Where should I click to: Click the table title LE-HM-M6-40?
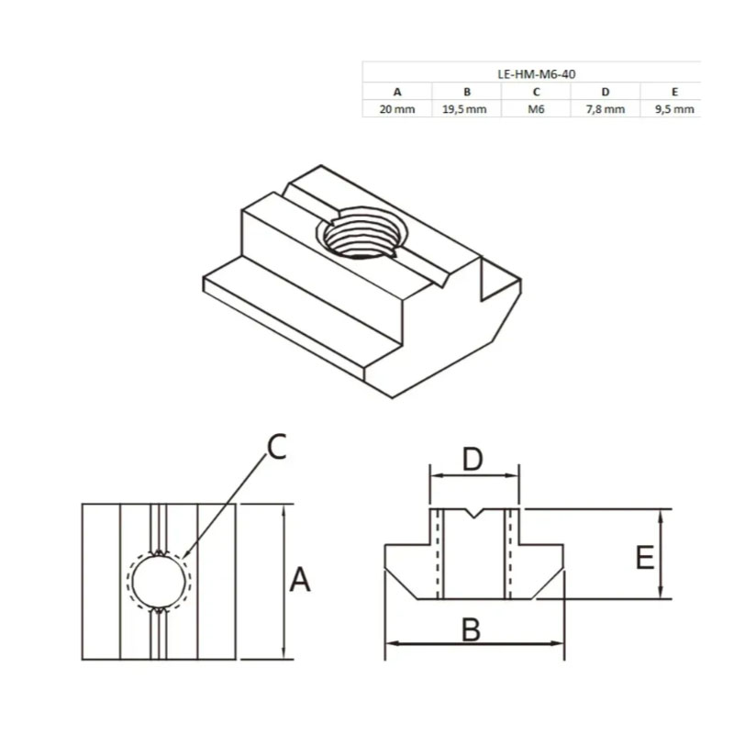[537, 74]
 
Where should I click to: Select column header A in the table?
[397, 92]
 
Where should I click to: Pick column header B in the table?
[467, 92]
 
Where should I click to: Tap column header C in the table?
[536, 92]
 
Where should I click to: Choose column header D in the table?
[606, 92]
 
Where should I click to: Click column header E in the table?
[674, 92]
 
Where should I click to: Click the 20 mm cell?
[397, 109]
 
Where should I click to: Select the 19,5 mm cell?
[464, 109]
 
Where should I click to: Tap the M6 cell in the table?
[536, 109]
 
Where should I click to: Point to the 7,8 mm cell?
[606, 109]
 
